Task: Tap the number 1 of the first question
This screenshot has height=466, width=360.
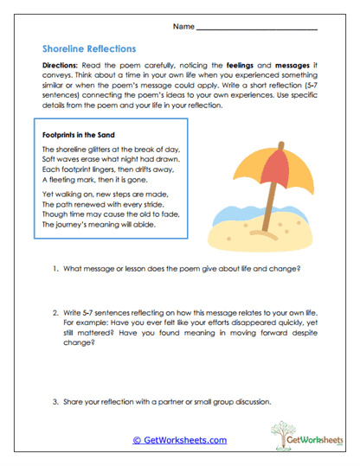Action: tap(55, 270)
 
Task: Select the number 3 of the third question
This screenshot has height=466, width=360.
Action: tap(55, 402)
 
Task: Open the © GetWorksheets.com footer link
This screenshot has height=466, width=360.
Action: tap(180, 440)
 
